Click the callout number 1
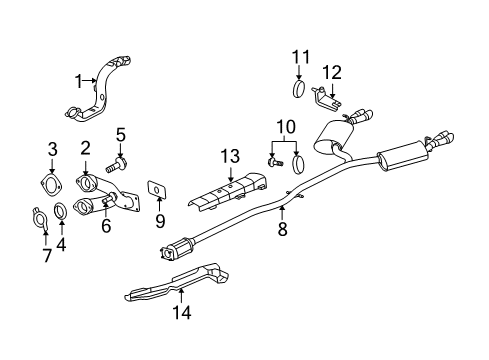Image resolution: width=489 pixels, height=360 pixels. tap(75, 80)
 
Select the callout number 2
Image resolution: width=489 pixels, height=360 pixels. tap(86, 148)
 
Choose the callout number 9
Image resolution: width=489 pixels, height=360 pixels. tap(158, 220)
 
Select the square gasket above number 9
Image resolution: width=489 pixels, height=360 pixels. tap(157, 187)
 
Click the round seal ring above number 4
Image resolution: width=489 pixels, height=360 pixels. tap(61, 211)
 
